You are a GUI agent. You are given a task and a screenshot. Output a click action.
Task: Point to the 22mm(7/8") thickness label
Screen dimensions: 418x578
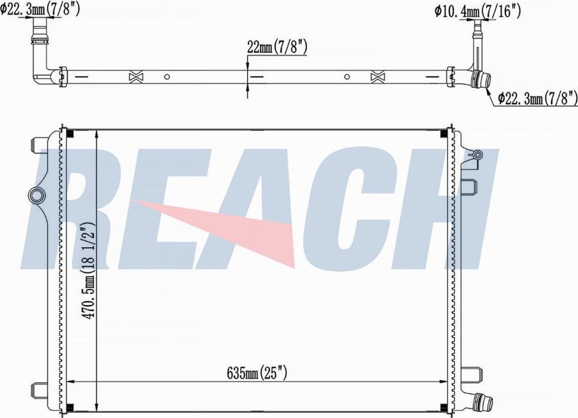tap(277, 46)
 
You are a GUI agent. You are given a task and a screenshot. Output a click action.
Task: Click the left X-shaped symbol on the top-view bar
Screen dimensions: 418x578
tap(136, 76)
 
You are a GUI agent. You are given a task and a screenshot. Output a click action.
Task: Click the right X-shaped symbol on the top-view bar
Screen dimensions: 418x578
tap(378, 76)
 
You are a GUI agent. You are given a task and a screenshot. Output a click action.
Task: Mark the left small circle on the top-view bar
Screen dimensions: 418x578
tap(166, 76)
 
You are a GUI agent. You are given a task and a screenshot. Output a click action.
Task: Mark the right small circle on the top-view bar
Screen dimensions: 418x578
tap(347, 76)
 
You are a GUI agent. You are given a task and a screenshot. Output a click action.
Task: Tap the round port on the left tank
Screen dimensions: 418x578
tap(36, 195)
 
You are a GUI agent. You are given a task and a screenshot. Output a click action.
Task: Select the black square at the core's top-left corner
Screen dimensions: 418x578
tap(70, 134)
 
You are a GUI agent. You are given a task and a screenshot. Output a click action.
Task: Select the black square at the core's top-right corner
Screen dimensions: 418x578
tap(444, 134)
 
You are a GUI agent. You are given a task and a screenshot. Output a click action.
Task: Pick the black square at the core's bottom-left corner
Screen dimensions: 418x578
tap(70, 406)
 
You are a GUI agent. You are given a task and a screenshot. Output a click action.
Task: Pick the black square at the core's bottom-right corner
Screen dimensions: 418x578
tap(444, 406)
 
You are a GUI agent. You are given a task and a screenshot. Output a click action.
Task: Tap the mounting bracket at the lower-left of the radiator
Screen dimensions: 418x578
tap(39, 388)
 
